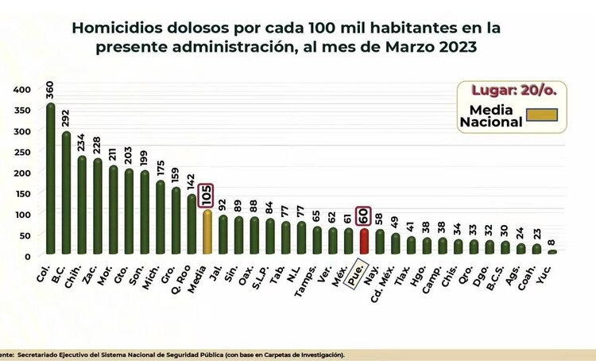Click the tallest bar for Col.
[51, 179]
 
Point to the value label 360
[51, 89]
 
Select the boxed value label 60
[364, 215]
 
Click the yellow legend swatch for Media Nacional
[543, 115]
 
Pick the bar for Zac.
[98, 207]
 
